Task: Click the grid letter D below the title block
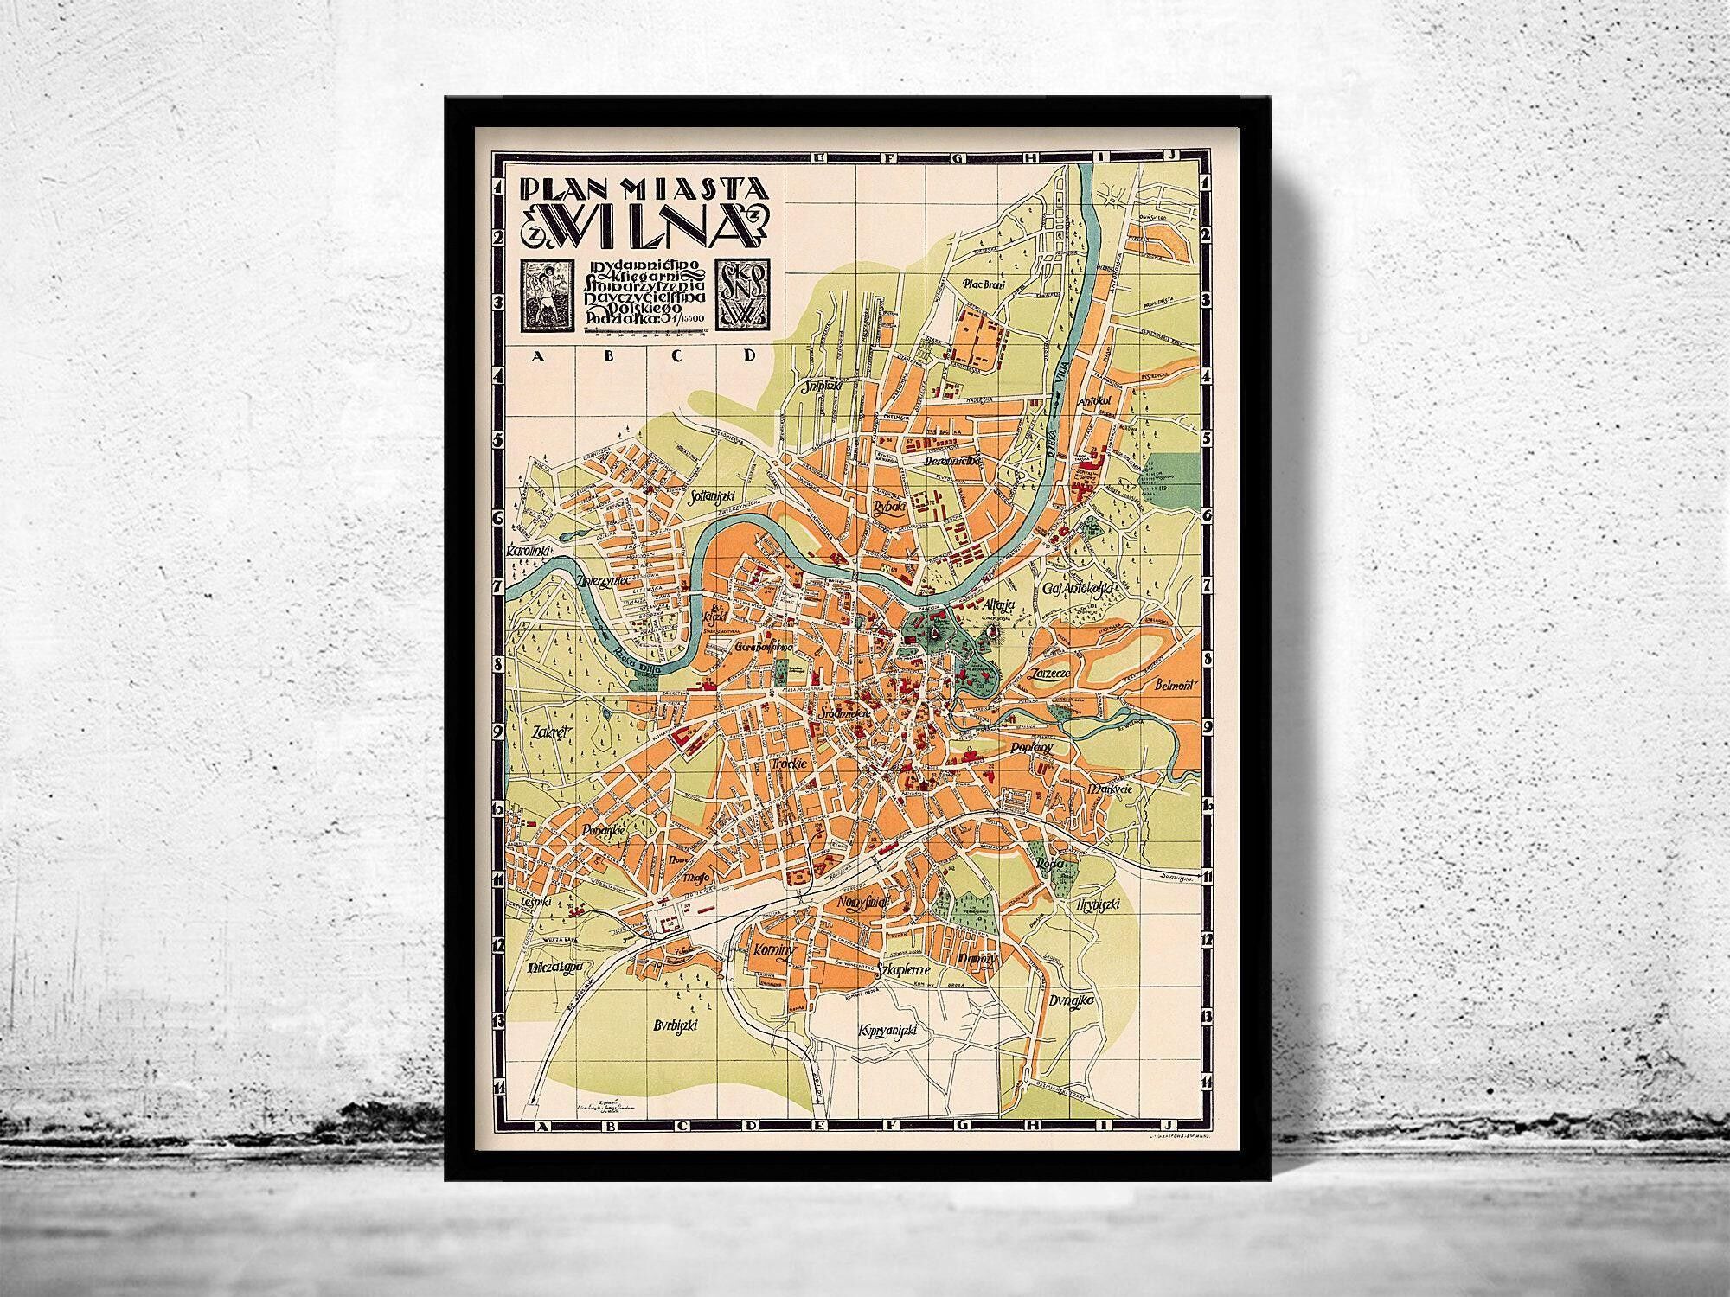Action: (749, 354)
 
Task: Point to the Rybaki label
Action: (884, 508)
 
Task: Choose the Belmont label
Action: (1176, 686)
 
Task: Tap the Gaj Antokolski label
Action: (1079, 588)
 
